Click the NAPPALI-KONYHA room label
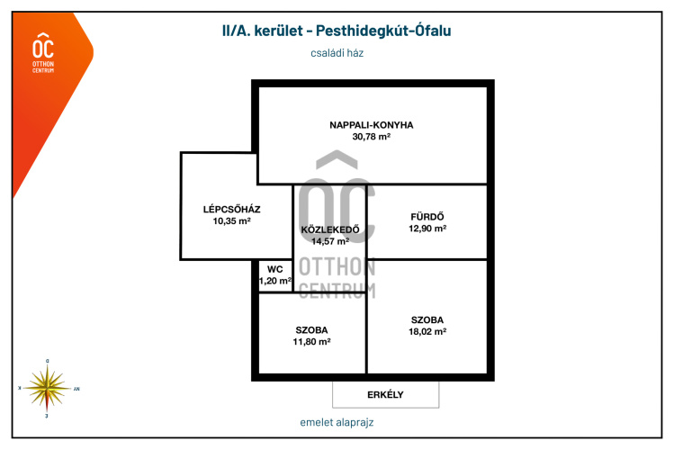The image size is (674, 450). [x=372, y=125]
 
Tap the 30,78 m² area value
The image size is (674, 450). [x=372, y=137]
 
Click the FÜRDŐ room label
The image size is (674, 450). [x=427, y=216]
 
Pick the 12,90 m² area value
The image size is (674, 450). [x=427, y=229]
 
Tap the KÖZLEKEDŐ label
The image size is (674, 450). [x=329, y=229]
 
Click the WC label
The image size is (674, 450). [x=274, y=268]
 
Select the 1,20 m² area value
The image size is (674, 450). [x=275, y=281]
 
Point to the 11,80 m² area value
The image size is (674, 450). [x=312, y=342]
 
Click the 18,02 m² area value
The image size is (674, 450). [x=427, y=331]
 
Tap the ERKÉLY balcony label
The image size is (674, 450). [x=385, y=394]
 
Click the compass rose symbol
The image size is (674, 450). [x=47, y=388]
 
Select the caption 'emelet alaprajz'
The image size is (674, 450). [x=337, y=422]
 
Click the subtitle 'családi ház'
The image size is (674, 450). [x=337, y=53]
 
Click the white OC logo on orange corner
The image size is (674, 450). [x=42, y=50]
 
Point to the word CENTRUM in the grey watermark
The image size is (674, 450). [x=337, y=290]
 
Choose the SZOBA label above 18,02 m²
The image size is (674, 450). [x=427, y=319]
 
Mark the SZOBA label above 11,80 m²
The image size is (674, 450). [x=312, y=329]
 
